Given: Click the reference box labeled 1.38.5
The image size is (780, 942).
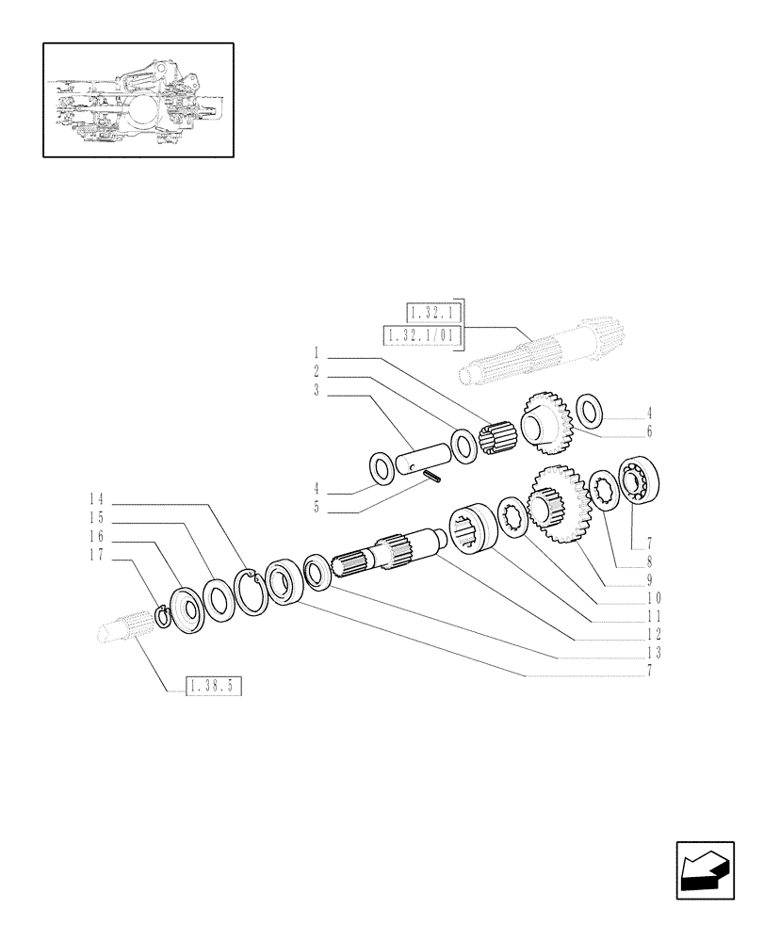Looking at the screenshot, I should (x=214, y=687).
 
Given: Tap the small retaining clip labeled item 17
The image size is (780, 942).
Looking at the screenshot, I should (x=162, y=617).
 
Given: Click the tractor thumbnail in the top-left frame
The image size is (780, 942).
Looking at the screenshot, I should (x=138, y=99).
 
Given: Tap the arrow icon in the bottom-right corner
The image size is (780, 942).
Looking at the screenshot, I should (x=704, y=870).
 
